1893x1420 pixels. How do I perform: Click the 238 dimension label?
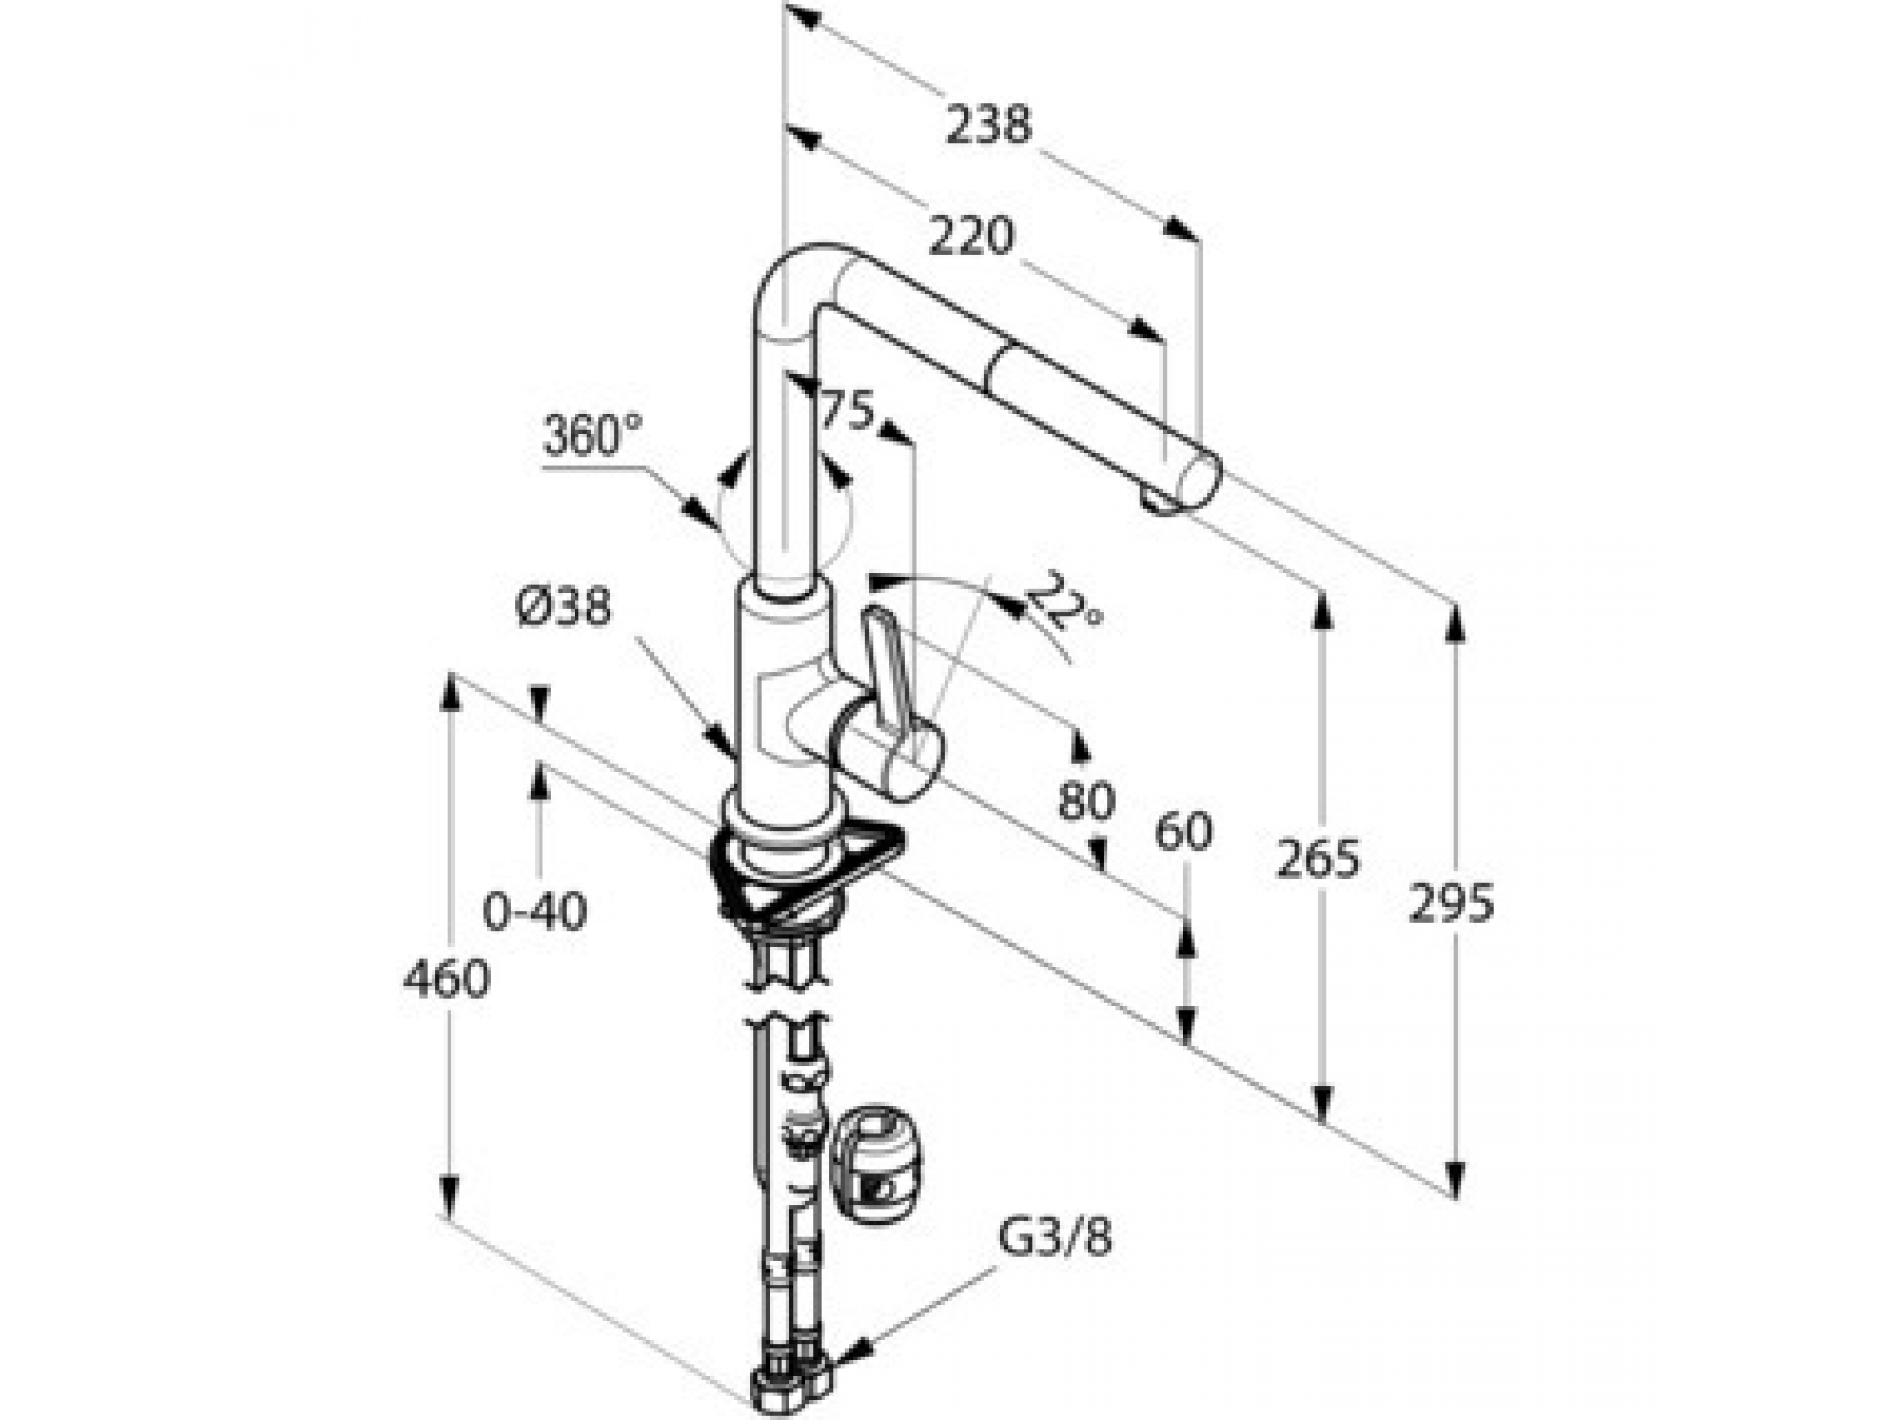[x=989, y=125]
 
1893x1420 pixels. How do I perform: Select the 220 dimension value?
[x=971, y=237]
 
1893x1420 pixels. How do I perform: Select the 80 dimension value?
[x=1087, y=801]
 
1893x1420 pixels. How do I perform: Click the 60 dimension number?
[x=1183, y=832]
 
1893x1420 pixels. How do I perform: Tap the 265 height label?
[x=1318, y=859]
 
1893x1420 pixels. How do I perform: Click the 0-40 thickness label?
[x=535, y=911]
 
